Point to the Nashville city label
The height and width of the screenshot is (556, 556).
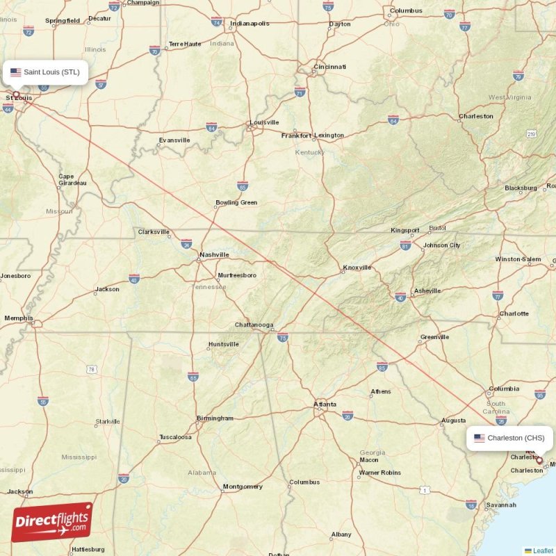coord(214,255)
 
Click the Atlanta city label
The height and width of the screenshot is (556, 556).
coord(325,404)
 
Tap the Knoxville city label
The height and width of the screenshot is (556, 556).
coord(357,268)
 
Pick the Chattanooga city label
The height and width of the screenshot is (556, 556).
coord(254,325)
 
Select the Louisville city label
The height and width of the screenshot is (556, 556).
coord(264,122)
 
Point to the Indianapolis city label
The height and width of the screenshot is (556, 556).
coord(250,23)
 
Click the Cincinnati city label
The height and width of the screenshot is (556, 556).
coord(330,67)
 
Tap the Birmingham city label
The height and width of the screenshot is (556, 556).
coord(215,418)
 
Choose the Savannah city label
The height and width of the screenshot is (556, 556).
coord(501,505)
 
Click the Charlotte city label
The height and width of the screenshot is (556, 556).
coord(514,313)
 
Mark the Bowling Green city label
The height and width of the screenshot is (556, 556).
coord(236,203)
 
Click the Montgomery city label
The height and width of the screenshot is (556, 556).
coord(243,486)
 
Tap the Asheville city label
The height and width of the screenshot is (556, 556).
coord(427,291)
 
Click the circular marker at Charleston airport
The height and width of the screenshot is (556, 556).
coord(539,459)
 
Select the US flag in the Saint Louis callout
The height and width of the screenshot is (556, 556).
coord(15,72)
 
